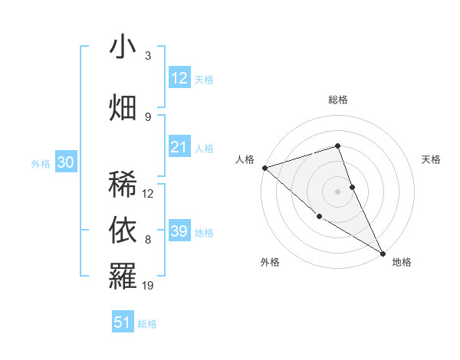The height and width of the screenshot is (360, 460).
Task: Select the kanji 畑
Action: (x=123, y=106)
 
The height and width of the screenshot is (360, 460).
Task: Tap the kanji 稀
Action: (x=123, y=185)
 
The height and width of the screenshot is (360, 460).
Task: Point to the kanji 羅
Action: (x=123, y=276)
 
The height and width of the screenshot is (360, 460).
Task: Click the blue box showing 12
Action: (x=179, y=78)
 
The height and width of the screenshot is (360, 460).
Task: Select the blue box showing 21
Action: (x=179, y=147)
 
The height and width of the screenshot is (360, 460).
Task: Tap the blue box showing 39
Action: (x=179, y=231)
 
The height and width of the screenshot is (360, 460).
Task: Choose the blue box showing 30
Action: (x=65, y=162)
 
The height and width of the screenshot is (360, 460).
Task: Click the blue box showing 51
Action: (x=123, y=322)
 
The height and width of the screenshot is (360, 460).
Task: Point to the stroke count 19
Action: (x=149, y=286)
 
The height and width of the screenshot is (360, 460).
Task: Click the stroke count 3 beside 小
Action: (x=148, y=55)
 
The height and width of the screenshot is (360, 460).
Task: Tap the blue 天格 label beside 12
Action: (x=204, y=79)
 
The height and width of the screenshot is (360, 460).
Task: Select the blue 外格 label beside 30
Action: (x=41, y=163)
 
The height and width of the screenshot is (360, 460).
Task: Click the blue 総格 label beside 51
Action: (x=147, y=323)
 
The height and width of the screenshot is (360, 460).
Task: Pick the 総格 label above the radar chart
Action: (x=338, y=100)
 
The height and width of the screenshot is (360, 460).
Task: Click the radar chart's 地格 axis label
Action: (x=402, y=262)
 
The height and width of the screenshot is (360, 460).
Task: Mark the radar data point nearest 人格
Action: (x=264, y=167)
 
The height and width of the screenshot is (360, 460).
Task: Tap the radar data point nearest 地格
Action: (x=383, y=253)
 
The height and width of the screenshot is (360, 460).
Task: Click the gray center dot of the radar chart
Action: (x=338, y=191)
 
